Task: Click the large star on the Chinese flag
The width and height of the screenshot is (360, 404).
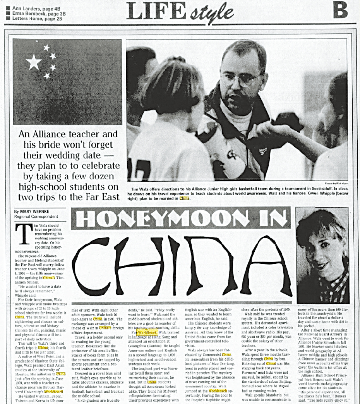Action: click(x=34, y=62)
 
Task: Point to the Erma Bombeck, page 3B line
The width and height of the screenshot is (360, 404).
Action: click(x=38, y=13)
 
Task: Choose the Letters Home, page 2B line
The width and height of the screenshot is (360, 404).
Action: click(x=37, y=18)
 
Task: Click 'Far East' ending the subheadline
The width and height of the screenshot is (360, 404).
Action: click(x=102, y=197)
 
